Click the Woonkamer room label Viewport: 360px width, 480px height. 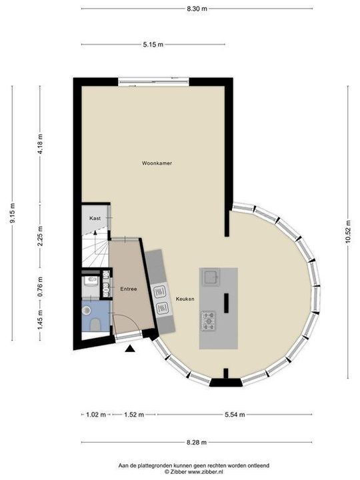click(157, 163)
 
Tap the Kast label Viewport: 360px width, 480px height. click(95, 218)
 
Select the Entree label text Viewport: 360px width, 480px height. click(129, 289)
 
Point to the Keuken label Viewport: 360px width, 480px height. click(185, 299)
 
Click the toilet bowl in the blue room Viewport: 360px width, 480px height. click(96, 325)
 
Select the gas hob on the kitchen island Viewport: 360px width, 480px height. click(209, 321)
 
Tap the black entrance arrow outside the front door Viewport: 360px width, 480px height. click(130, 347)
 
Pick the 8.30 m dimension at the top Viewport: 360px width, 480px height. click(197, 9)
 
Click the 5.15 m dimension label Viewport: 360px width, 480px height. click(153, 45)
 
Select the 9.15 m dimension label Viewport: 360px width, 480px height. click(12, 213)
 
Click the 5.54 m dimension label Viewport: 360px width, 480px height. click(234, 415)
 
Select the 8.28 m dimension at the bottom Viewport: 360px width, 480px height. click(196, 442)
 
